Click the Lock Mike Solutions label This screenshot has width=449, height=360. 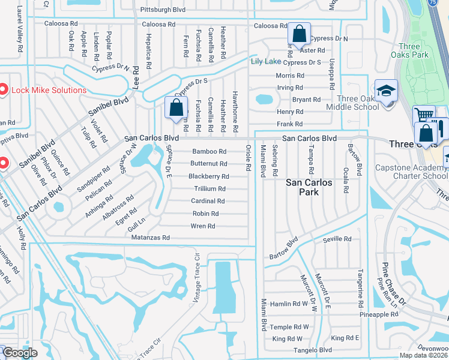[49, 90]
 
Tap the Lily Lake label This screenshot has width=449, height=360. [265, 61]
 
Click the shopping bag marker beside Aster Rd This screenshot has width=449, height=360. [299, 35]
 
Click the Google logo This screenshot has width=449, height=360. [20, 353]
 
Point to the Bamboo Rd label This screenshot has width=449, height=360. [209, 152]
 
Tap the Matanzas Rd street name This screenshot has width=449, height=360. [150, 238]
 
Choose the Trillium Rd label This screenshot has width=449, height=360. [209, 189]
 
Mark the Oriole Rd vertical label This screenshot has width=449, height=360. [248, 158]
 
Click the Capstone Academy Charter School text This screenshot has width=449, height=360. [412, 172]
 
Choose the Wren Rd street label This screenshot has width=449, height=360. [203, 226]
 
